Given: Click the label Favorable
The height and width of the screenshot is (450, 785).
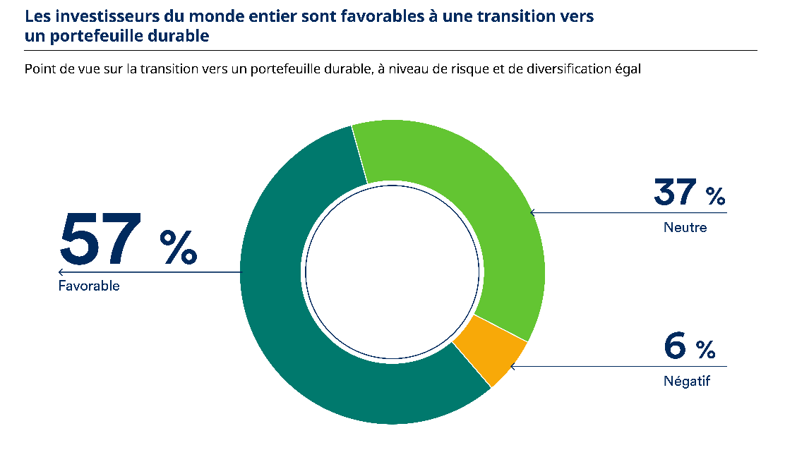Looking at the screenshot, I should (89, 286).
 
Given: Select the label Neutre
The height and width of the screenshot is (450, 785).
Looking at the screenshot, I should (685, 228).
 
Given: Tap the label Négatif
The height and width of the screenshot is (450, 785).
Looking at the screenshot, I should (686, 382).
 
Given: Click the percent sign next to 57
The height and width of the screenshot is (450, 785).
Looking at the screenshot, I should (179, 246).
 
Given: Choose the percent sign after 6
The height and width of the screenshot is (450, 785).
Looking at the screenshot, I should (705, 349).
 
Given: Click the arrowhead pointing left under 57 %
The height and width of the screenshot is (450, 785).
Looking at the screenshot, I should (61, 272).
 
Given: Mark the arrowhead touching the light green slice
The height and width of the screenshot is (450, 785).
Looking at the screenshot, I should (532, 212).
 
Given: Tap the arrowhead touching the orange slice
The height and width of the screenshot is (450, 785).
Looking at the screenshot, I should (513, 366).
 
